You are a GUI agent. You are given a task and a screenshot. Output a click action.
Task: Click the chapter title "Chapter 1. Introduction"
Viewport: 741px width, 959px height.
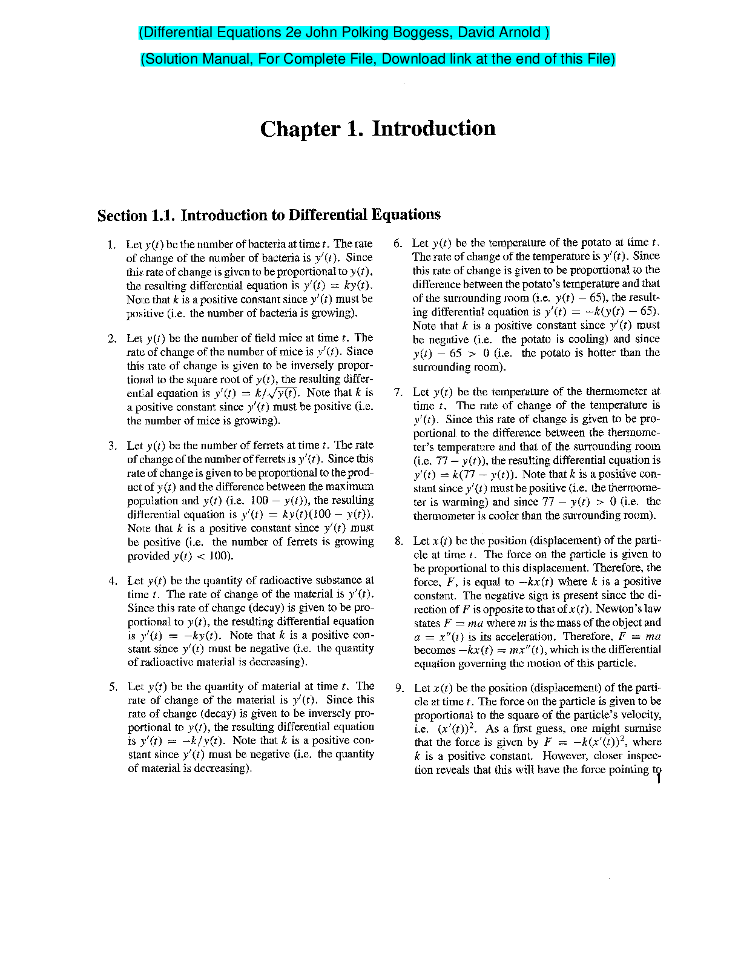tap(378, 128)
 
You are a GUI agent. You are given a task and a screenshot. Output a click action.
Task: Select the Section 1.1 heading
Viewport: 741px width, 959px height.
tap(269, 215)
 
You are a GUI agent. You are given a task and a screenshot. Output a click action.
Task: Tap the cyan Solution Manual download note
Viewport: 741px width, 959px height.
tap(378, 59)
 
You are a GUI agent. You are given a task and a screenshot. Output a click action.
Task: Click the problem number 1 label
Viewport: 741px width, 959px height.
tap(111, 245)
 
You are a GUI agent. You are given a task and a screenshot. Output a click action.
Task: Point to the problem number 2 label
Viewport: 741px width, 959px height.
tap(112, 338)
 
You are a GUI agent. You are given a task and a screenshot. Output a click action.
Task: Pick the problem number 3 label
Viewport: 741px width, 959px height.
tap(113, 446)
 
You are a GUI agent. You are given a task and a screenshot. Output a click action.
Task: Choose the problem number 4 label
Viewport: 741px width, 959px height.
tap(113, 581)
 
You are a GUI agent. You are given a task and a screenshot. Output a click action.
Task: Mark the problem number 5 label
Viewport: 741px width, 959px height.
tap(113, 687)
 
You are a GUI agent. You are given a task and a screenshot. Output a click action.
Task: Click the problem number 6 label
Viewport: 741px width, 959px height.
tap(397, 243)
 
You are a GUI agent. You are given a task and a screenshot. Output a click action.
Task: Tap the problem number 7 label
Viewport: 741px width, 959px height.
tap(398, 392)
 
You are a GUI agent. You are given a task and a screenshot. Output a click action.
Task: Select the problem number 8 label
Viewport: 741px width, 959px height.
tap(398, 541)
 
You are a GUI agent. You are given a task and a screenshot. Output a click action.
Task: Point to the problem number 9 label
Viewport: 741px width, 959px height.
tap(399, 688)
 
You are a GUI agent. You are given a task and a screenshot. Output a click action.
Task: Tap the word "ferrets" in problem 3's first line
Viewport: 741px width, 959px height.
tap(279, 446)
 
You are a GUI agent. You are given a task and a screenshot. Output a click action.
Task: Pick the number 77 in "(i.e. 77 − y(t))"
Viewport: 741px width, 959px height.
tap(442, 461)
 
